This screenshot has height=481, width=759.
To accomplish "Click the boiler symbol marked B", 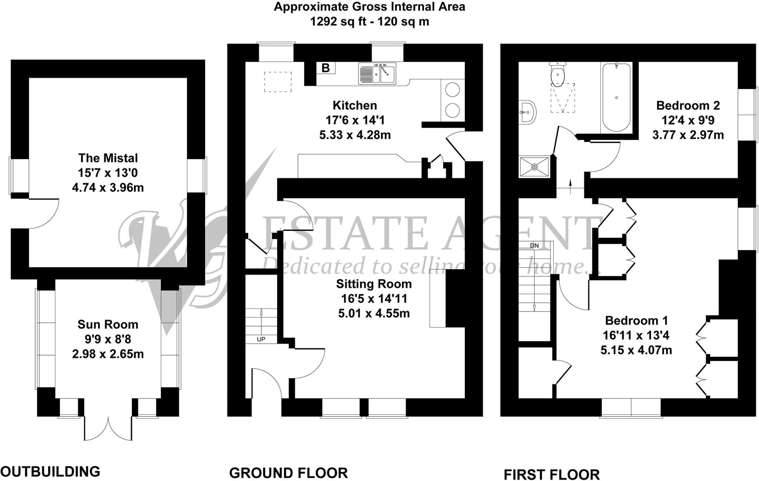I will [326, 68].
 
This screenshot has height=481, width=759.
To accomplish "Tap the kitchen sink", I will [377, 73].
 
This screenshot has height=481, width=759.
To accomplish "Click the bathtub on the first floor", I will [616, 97].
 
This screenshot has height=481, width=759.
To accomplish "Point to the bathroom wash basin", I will [527, 111].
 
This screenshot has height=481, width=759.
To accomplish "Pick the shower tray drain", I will [534, 167].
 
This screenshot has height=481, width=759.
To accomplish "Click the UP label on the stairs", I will [261, 339].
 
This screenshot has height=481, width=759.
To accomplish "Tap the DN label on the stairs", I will [534, 245].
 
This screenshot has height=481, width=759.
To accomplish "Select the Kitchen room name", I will [355, 105].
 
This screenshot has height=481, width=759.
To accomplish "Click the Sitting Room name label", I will [374, 284].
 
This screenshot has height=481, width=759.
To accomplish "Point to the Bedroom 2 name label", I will [688, 105].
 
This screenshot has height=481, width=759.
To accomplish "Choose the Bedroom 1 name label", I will [636, 320].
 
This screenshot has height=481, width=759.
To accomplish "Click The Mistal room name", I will [108, 158].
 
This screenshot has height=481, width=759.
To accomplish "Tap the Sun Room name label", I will [108, 324].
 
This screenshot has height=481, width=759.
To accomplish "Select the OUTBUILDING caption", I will [50, 471].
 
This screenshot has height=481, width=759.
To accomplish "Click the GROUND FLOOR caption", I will [288, 473].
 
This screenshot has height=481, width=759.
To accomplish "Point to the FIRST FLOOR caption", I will [551, 474].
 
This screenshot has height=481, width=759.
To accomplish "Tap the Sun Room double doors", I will [108, 427].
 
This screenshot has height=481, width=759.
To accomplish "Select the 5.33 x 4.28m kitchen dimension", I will [355, 135].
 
